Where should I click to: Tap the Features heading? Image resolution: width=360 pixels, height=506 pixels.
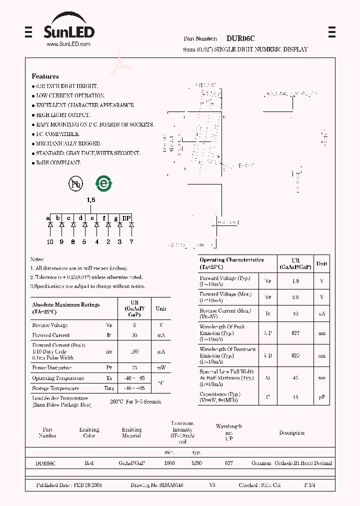point(45,76)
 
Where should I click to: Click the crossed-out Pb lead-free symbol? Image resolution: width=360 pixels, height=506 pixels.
point(75,184)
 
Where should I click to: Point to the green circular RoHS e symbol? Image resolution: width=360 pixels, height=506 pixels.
point(104,183)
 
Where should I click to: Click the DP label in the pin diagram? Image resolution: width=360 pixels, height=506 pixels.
point(126,218)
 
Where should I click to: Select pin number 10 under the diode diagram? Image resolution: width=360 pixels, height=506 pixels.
point(50,242)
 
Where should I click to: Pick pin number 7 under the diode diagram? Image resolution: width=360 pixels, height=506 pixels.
point(131,242)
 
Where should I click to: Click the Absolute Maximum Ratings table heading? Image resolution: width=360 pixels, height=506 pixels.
point(65,307)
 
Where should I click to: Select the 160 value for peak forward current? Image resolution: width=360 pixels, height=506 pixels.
point(134,351)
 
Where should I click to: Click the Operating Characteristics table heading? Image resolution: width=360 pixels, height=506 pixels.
point(231,263)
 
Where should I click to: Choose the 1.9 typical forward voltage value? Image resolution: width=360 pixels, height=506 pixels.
point(295,281)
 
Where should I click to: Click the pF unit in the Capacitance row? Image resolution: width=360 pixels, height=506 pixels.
point(321,397)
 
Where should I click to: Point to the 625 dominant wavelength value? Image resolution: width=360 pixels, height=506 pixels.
point(295,355)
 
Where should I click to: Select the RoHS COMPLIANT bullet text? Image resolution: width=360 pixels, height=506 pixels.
point(58,163)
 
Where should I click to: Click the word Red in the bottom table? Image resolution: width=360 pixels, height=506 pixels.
point(89,463)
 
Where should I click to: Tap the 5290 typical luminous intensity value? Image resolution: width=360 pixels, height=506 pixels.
point(196,463)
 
